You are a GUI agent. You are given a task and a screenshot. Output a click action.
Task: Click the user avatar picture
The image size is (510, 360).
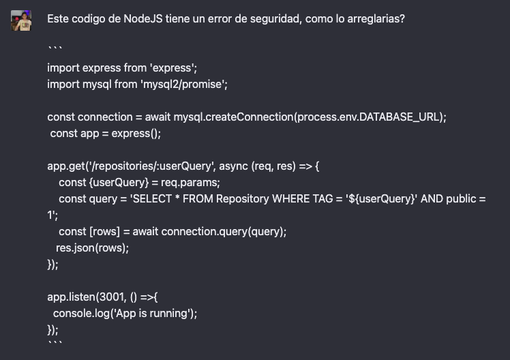[x=21, y=20]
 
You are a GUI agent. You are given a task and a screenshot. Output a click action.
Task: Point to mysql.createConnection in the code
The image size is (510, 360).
[x=234, y=117]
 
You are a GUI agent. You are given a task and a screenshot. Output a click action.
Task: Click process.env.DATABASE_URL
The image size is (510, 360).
[x=369, y=117]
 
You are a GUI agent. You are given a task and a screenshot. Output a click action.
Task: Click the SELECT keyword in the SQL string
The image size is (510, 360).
[x=152, y=198]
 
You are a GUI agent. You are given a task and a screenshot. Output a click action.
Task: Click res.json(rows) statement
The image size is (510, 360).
[x=92, y=247]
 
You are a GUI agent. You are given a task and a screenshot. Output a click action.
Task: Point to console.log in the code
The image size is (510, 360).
[x=81, y=314]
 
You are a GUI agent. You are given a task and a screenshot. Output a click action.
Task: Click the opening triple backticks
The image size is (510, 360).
[x=55, y=48]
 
